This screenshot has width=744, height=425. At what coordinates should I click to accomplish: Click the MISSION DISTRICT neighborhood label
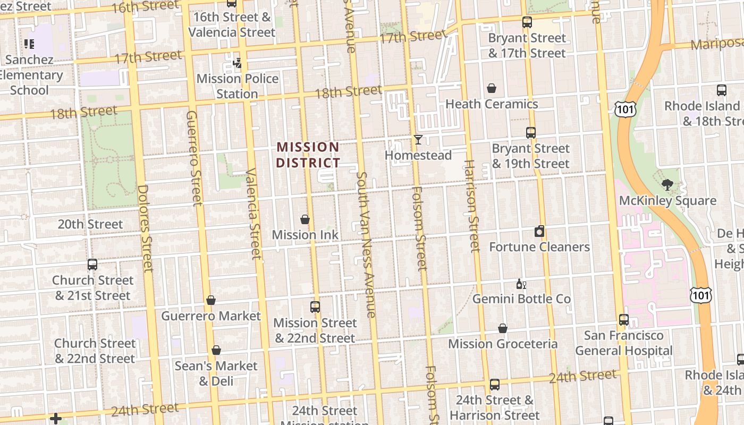click(308, 155)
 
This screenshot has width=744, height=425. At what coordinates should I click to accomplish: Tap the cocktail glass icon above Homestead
click(418, 140)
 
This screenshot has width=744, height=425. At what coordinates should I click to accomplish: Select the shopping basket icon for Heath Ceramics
click(492, 88)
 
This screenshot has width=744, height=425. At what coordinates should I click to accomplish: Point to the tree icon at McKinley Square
click(667, 185)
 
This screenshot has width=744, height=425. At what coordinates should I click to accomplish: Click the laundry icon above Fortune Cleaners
click(539, 231)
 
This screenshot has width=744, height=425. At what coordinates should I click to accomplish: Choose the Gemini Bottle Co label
click(521, 299)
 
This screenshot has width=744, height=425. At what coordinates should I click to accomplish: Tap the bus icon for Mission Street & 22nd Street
click(315, 307)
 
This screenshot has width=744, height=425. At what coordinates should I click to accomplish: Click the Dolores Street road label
click(145, 228)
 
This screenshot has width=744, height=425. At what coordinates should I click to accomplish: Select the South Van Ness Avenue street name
click(366, 244)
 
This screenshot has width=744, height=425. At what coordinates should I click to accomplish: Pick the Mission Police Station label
click(238, 86)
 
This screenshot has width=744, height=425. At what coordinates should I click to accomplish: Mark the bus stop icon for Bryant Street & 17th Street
click(527, 22)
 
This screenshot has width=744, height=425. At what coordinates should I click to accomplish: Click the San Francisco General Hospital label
click(623, 343)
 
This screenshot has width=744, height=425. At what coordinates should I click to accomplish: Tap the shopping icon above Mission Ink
click(305, 219)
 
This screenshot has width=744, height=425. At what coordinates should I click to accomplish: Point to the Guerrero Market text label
click(211, 316)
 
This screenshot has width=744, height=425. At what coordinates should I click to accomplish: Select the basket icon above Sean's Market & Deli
click(216, 351)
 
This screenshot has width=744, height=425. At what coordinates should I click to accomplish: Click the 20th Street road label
click(90, 224)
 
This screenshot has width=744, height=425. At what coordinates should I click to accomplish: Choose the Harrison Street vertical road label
click(472, 206)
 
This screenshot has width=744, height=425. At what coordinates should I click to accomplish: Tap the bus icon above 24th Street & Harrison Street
click(494, 384)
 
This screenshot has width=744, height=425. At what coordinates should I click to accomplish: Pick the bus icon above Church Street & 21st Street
click(92, 265)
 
